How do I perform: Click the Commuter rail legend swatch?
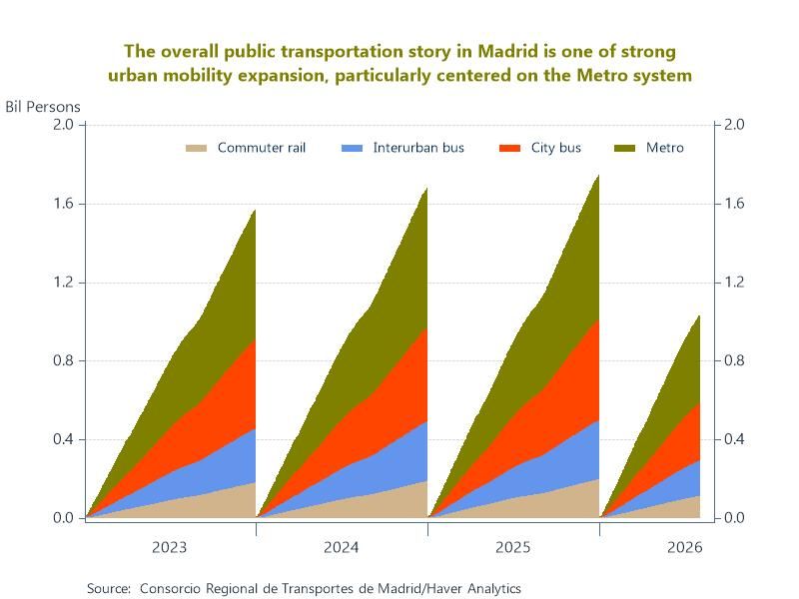tap(196, 148)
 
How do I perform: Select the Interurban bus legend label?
tap(418, 148)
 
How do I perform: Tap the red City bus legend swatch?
tap(509, 148)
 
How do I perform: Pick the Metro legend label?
tap(664, 148)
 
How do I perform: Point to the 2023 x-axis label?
tap(169, 547)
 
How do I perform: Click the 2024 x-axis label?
tap(341, 547)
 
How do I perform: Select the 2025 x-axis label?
tap(512, 547)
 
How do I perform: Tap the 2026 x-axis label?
tap(684, 547)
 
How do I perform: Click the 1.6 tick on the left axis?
tap(63, 204)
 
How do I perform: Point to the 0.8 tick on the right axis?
tap(734, 360)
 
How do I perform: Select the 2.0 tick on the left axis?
tap(63, 125)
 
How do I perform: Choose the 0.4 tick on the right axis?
tap(734, 439)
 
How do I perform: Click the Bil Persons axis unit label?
tap(43, 107)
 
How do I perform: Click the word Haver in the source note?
tap(445, 588)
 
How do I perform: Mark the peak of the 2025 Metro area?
tap(598, 176)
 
